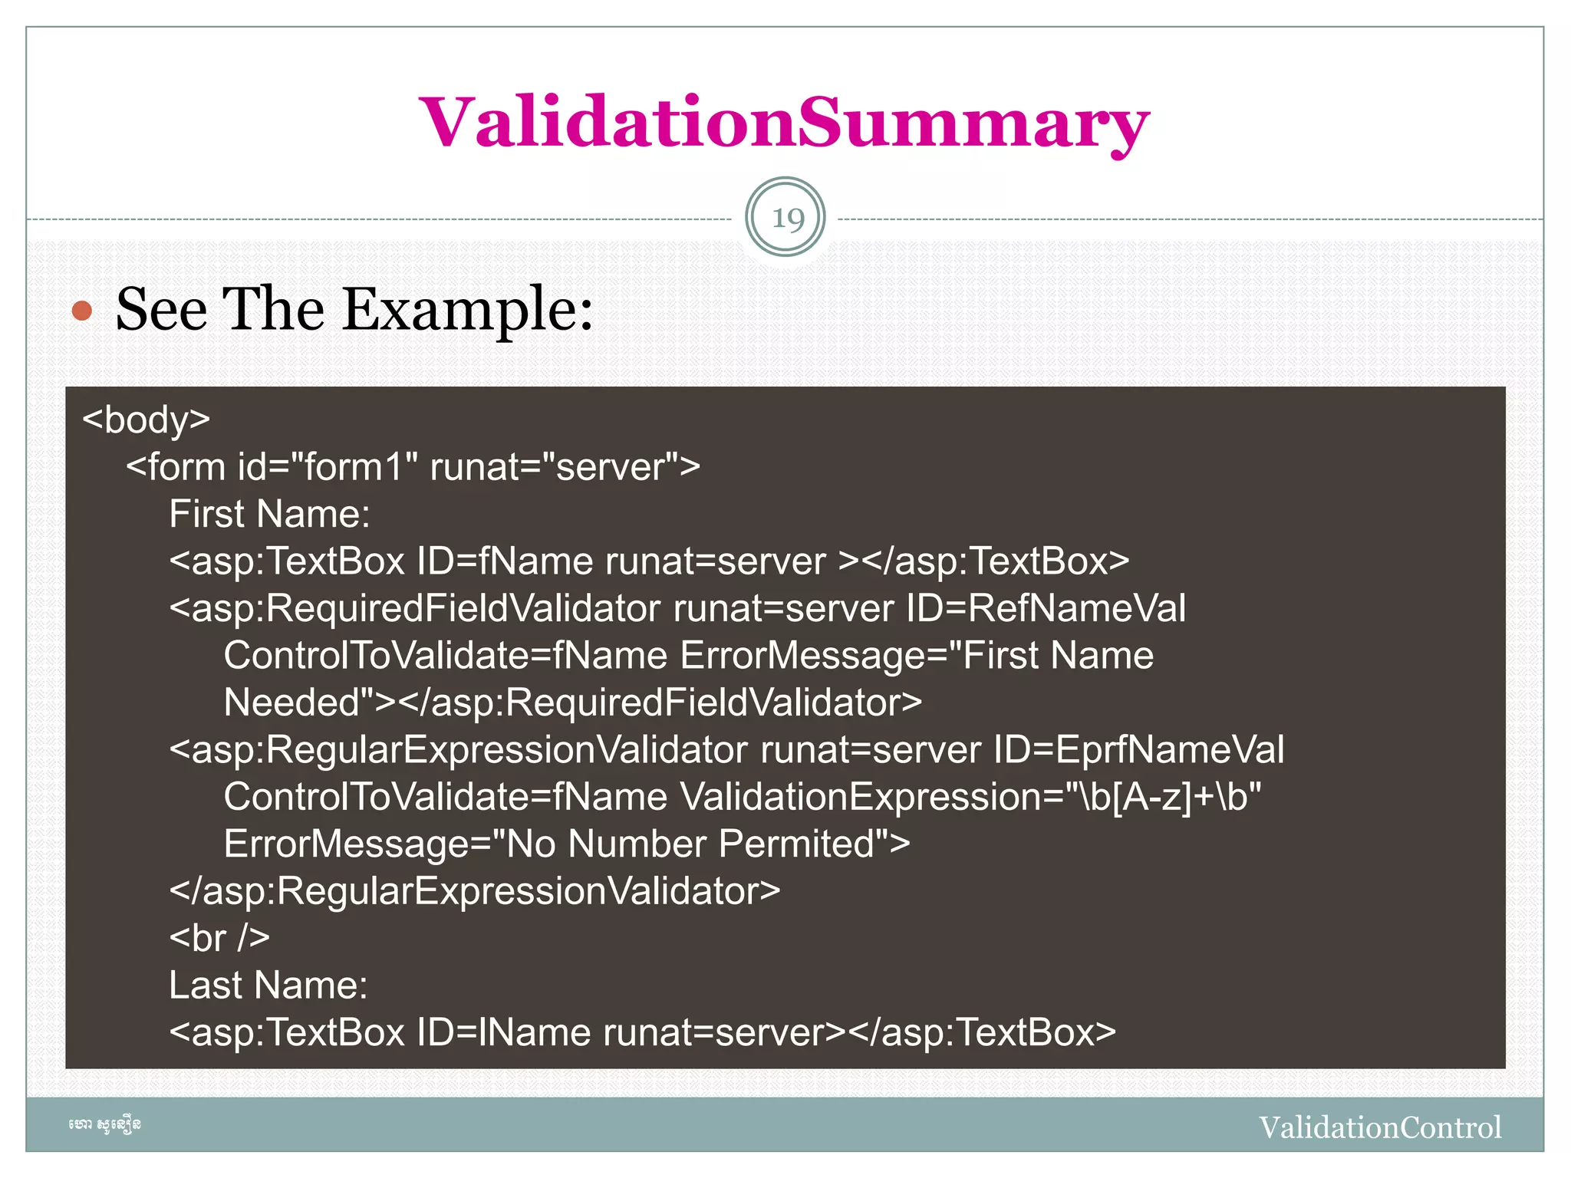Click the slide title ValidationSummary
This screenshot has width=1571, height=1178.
coord(784,123)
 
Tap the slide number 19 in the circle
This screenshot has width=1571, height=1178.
coord(785,219)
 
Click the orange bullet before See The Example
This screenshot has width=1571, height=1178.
coord(82,311)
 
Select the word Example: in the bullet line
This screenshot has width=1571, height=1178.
coord(468,309)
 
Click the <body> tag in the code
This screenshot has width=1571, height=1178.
coord(146,420)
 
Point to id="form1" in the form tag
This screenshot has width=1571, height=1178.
coord(328,467)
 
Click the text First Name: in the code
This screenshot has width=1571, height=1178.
coord(269,514)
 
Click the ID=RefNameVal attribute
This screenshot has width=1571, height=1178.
coord(1046,609)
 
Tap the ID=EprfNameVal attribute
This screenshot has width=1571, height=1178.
coord(1138,750)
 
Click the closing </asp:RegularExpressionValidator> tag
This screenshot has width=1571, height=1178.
coord(474,891)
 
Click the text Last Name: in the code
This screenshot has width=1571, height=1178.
coord(268,986)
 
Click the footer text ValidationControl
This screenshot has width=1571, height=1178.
coord(1379,1127)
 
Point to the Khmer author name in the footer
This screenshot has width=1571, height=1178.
coord(104,1125)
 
